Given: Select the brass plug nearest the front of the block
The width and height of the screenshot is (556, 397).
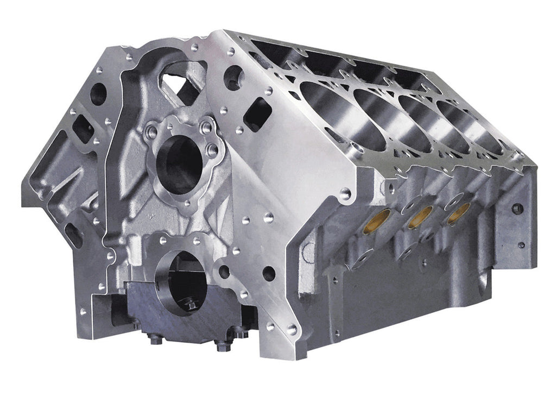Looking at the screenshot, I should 376,221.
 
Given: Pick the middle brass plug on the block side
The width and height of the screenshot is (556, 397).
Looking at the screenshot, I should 417,217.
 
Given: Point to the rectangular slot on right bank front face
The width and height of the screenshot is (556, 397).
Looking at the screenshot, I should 257,114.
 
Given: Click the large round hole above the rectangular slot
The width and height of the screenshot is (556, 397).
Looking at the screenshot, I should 233,78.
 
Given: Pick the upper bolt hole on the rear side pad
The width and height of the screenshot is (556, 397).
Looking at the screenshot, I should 517,208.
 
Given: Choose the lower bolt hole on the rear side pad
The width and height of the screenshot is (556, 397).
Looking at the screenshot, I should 521,244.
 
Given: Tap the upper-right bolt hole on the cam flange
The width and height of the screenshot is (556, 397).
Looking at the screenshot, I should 206,128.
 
